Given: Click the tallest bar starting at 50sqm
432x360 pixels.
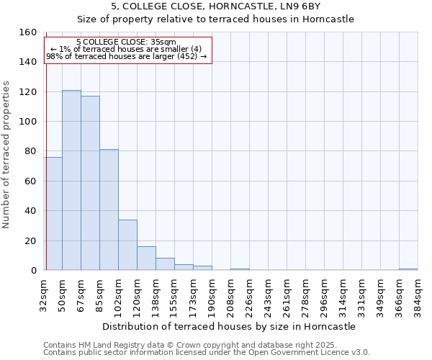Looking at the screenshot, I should pyautogui.click(x=71, y=180).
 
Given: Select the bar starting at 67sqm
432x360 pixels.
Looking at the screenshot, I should pyautogui.click(x=90, y=183).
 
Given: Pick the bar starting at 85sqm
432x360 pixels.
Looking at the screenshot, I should pyautogui.click(x=109, y=210).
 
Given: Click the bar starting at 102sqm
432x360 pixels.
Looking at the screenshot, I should pyautogui.click(x=127, y=245).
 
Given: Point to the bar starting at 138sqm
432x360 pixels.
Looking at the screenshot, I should pyautogui.click(x=165, y=264).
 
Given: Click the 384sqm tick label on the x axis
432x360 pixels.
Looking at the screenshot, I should pyautogui.click(x=418, y=295).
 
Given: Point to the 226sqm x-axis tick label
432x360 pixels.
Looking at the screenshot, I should pyautogui.click(x=249, y=295).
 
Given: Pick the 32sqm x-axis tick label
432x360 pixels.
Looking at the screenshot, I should pyautogui.click(x=43, y=295).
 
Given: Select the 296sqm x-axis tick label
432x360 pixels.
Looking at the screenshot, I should pyautogui.click(x=324, y=295).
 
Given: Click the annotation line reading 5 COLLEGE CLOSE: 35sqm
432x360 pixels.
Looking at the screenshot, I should pyautogui.click(x=126, y=42).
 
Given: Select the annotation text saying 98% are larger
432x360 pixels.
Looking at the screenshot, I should pyautogui.click(x=126, y=56).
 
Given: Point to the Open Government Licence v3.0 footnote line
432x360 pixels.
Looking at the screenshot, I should pyautogui.click(x=207, y=352).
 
